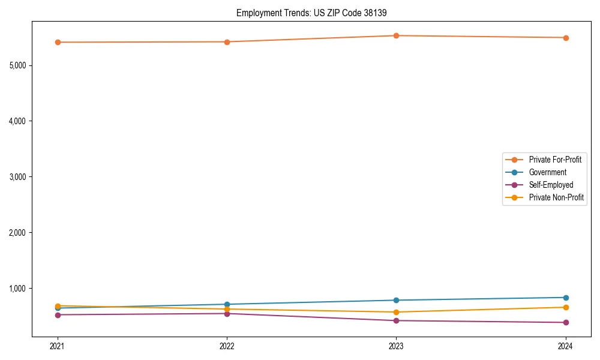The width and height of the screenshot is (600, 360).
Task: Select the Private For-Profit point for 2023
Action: click(397, 35)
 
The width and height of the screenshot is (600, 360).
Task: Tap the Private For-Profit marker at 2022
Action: click(227, 42)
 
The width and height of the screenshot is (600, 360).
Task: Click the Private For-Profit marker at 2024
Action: click(566, 38)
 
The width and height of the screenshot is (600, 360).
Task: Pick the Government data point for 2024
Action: click(566, 298)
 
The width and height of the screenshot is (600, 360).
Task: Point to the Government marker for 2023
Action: click(397, 300)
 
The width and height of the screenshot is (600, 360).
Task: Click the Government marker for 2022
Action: click(227, 304)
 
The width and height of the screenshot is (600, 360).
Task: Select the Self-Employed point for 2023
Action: click(397, 320)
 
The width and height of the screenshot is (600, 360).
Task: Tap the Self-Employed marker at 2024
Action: click(566, 323)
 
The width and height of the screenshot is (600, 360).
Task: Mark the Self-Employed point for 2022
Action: click(227, 314)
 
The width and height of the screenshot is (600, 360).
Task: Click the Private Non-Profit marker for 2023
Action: click(397, 312)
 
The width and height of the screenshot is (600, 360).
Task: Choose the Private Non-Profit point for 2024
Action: click(566, 307)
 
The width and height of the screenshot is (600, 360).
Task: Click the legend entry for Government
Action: click(547, 172)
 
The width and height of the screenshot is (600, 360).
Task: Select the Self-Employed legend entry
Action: click(551, 185)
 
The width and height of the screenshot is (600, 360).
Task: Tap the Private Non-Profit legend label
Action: click(556, 197)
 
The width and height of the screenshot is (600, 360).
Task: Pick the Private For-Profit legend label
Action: click(555, 160)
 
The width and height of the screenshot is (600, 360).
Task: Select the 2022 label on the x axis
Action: click(227, 346)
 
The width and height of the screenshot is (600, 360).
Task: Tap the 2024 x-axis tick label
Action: click(566, 346)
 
